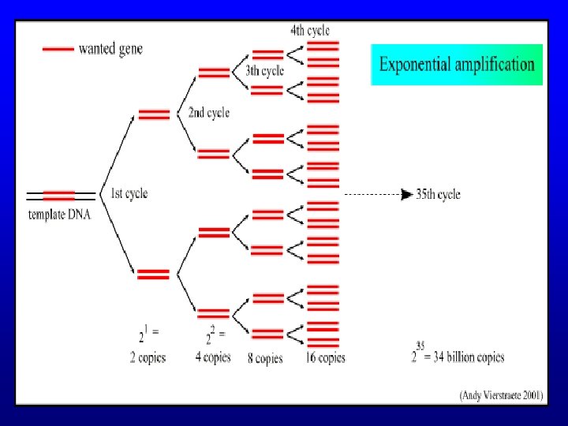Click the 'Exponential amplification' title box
[x=457, y=65]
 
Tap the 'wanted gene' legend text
[x=111, y=48]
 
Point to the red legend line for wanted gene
[x=58, y=49]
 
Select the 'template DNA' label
[x=59, y=214]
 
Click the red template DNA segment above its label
[x=59, y=195]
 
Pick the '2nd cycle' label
[x=208, y=113]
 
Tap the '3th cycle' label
[x=265, y=71]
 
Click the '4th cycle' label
[x=310, y=31]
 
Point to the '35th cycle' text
[x=438, y=194]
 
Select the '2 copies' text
[x=148, y=357]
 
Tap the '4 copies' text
[x=213, y=357]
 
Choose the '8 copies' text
[x=264, y=358]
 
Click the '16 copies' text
[x=325, y=358]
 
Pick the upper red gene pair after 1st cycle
[x=154, y=114]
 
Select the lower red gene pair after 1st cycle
[x=154, y=274]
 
